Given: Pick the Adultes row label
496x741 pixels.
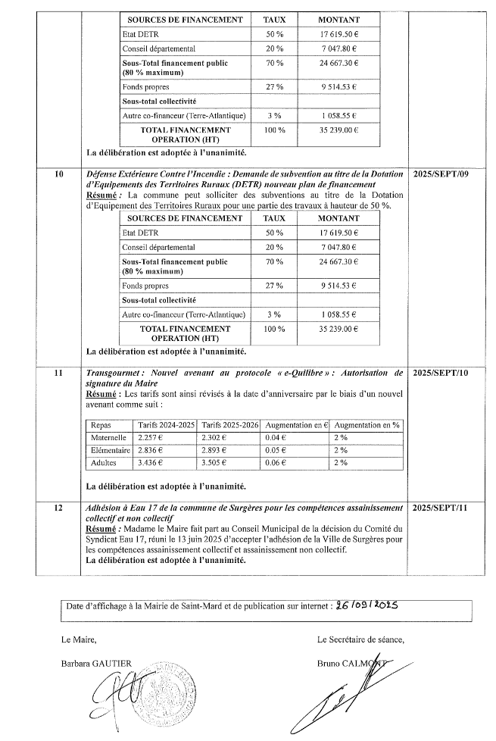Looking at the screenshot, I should click(104, 461).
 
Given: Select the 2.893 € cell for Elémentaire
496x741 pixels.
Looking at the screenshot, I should click(218, 450).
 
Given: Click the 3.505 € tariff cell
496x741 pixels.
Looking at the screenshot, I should click(218, 461).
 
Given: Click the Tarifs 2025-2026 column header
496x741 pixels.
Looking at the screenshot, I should click(229, 425).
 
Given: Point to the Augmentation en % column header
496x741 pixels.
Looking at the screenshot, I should click(367, 425).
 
